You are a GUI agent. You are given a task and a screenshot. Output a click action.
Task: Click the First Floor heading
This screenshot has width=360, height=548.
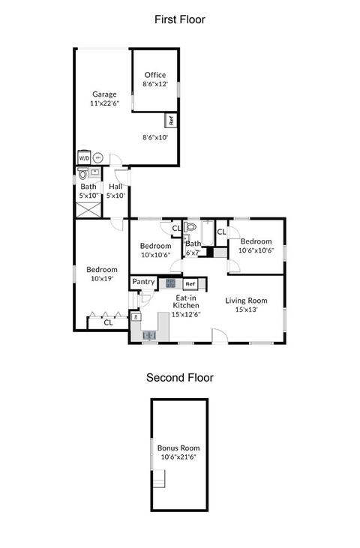coord(180,19)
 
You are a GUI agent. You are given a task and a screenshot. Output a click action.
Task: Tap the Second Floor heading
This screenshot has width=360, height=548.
coord(180,378)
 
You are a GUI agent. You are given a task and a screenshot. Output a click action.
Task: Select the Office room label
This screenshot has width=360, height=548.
coord(155,75)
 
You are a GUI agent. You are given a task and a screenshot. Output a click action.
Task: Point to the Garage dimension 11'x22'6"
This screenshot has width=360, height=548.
coord(105,103)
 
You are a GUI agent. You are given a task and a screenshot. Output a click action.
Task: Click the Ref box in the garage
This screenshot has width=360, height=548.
coord(171,120)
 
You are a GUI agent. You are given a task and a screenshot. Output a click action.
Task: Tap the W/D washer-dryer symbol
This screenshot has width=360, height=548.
coord(84,157)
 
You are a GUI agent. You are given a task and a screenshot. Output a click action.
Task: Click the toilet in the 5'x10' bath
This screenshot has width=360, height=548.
coord(82,173)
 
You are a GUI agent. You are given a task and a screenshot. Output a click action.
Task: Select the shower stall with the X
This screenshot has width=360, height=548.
coord(88,209)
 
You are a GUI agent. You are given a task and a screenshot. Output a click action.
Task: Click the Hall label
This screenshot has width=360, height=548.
coord(115,187)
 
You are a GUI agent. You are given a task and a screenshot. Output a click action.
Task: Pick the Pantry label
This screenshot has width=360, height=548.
coord(143,282)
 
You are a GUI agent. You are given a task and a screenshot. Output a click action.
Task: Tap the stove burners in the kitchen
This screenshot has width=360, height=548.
coord(170,283)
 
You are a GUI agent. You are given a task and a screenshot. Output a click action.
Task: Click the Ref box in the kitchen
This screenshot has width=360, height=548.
coord(190,284)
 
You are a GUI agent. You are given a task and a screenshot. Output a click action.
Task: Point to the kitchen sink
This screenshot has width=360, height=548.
coord(149,335)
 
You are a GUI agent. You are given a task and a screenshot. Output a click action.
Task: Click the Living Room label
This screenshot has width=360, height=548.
coord(247,301)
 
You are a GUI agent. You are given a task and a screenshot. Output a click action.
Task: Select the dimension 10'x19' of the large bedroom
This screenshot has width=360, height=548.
coord(102,279)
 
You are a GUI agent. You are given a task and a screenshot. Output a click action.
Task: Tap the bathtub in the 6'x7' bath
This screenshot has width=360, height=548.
coord(208,232)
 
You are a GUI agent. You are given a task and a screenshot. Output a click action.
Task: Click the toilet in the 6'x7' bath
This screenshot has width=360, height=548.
coord(190,226)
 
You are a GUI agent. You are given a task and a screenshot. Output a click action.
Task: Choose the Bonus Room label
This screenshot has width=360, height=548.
coord(178,448)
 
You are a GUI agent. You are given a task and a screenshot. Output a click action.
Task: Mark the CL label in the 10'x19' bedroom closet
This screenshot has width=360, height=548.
coord(108,322)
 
